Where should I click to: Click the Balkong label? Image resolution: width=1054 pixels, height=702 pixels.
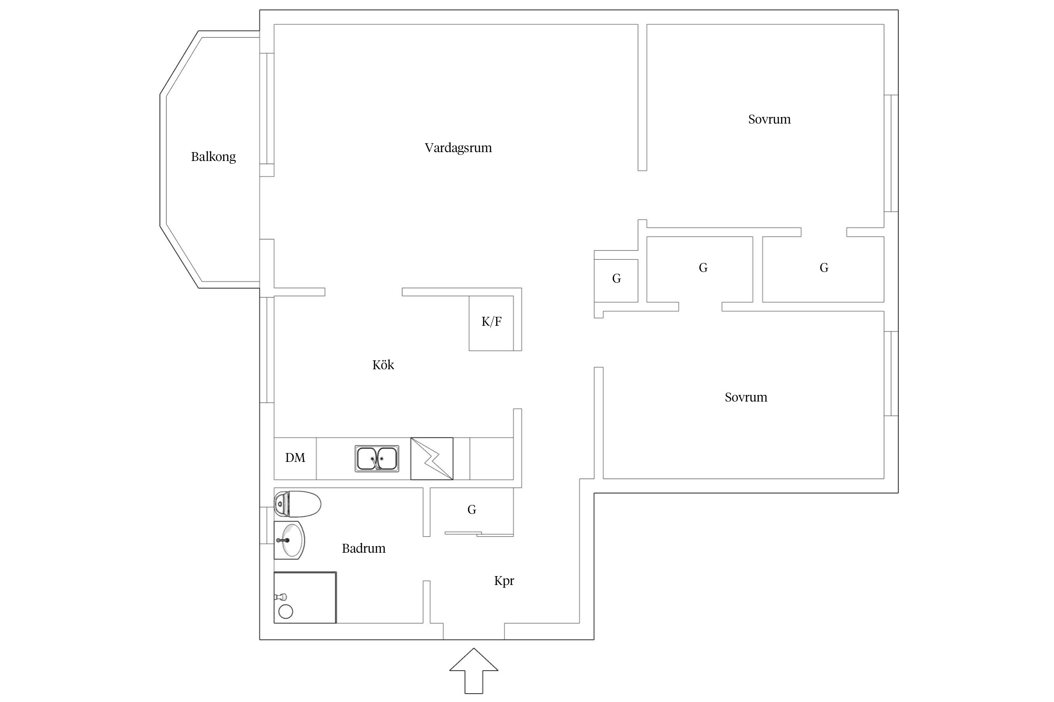click(213, 157)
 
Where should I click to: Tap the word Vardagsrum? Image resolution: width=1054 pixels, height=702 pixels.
click(458, 148)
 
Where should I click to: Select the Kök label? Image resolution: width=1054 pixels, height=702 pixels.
click(383, 365)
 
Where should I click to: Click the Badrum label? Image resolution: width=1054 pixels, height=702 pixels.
click(364, 548)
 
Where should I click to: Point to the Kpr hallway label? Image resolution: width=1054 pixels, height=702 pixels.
click(504, 581)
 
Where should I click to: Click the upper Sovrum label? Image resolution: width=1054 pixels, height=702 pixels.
click(769, 119)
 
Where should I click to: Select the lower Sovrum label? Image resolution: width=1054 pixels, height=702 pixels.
click(746, 397)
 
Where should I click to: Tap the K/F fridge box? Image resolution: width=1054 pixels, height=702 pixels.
click(491, 322)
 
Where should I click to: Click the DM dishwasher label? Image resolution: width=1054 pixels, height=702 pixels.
click(295, 458)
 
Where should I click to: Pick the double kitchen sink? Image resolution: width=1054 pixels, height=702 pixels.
click(377, 458)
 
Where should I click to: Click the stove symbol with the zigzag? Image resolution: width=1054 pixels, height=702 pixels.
click(432, 458)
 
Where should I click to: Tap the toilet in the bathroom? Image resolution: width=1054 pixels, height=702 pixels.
click(298, 504)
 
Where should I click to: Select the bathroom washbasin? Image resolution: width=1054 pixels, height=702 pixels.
click(289, 540)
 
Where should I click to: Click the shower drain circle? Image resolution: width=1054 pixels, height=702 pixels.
click(286, 611)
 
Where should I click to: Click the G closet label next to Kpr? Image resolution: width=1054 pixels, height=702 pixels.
click(472, 510)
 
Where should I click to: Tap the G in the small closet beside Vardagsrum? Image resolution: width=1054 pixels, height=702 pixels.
click(616, 279)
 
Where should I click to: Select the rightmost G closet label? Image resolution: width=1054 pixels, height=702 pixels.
click(824, 268)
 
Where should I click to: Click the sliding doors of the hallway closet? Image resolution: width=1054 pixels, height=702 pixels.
click(479, 534)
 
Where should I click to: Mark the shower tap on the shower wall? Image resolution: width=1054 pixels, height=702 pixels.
click(282, 597)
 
